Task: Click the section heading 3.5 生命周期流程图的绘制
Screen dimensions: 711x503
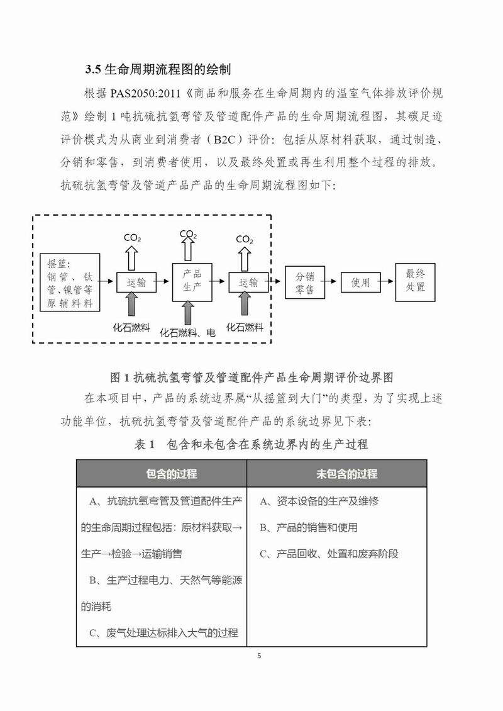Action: pyautogui.click(x=161, y=69)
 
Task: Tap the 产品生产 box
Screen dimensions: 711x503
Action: pyautogui.click(x=192, y=283)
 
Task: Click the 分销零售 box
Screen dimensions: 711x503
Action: pyautogui.click(x=304, y=283)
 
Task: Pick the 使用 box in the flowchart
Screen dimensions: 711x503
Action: pyautogui.click(x=360, y=283)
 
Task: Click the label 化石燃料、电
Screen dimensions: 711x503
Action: pyautogui.click(x=187, y=333)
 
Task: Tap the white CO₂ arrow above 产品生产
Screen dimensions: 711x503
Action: pyautogui.click(x=188, y=250)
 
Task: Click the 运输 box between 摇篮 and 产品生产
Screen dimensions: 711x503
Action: pyautogui.click(x=136, y=283)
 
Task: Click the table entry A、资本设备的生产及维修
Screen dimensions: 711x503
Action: pyautogui.click(x=319, y=501)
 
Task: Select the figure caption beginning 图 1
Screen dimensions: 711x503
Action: pyautogui.click(x=251, y=378)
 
